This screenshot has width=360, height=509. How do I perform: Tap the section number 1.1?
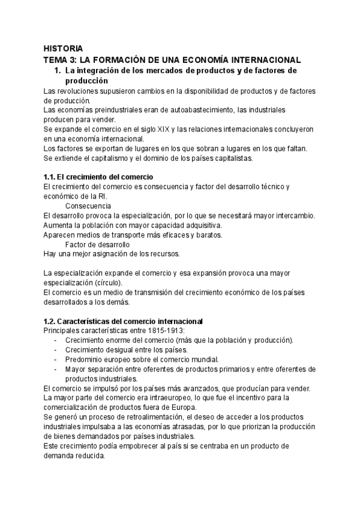pyautogui.click(x=52, y=177)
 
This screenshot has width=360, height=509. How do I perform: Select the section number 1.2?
pyautogui.click(x=52, y=321)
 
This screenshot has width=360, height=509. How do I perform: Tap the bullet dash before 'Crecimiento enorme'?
pyautogui.click(x=55, y=340)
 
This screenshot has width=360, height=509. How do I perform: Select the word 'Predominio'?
pyautogui.click(x=86, y=360)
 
